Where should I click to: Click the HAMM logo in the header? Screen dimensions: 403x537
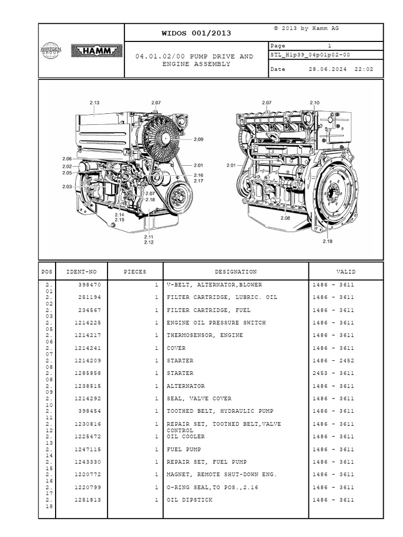(x=97, y=51)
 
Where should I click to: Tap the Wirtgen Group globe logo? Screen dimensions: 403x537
(x=51, y=50)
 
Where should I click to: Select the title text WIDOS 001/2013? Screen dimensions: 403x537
(x=196, y=33)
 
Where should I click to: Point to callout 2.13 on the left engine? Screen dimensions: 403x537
(x=94, y=102)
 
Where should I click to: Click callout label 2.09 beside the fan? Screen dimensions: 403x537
(x=198, y=139)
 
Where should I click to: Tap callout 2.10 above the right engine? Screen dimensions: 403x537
(x=315, y=102)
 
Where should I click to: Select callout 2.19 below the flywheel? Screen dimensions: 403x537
(x=327, y=241)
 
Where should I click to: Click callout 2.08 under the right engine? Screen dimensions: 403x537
(x=285, y=218)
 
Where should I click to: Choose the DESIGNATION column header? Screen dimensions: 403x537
(x=236, y=272)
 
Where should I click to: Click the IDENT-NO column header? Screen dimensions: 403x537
(x=81, y=272)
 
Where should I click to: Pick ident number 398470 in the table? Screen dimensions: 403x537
(x=90, y=285)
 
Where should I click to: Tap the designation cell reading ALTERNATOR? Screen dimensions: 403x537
(x=186, y=386)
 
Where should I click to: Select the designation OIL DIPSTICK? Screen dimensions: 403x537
(x=189, y=500)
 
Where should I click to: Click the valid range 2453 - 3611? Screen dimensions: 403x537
(x=333, y=373)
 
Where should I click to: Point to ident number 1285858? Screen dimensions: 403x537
(x=88, y=373)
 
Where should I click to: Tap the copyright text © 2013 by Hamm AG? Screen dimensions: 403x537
(x=306, y=28)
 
